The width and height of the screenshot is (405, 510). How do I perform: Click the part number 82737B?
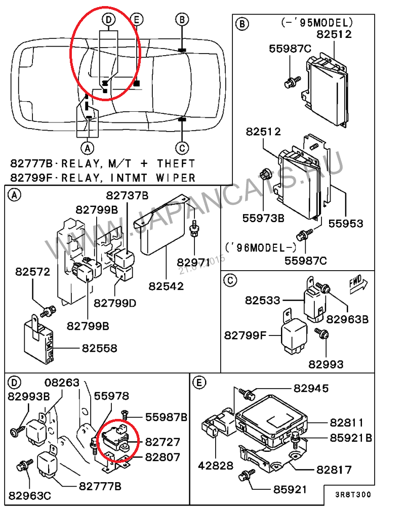tap(127, 196)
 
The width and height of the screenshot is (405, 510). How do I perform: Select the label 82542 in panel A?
tap(166, 286)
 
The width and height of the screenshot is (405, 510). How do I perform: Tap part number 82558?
tap(99, 349)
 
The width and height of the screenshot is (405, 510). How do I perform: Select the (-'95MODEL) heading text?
tap(316, 23)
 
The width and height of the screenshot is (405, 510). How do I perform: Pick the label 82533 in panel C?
tap(263, 300)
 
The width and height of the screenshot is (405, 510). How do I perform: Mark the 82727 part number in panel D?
tap(163, 443)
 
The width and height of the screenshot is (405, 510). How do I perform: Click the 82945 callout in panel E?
tap(311, 389)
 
